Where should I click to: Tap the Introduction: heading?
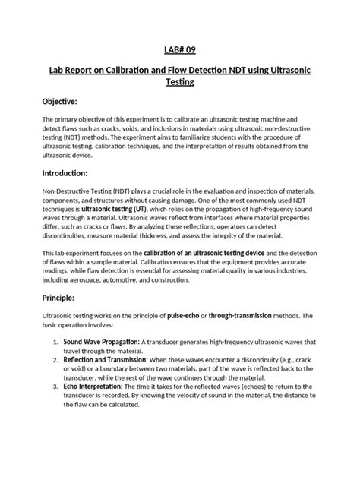[x=62, y=173]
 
